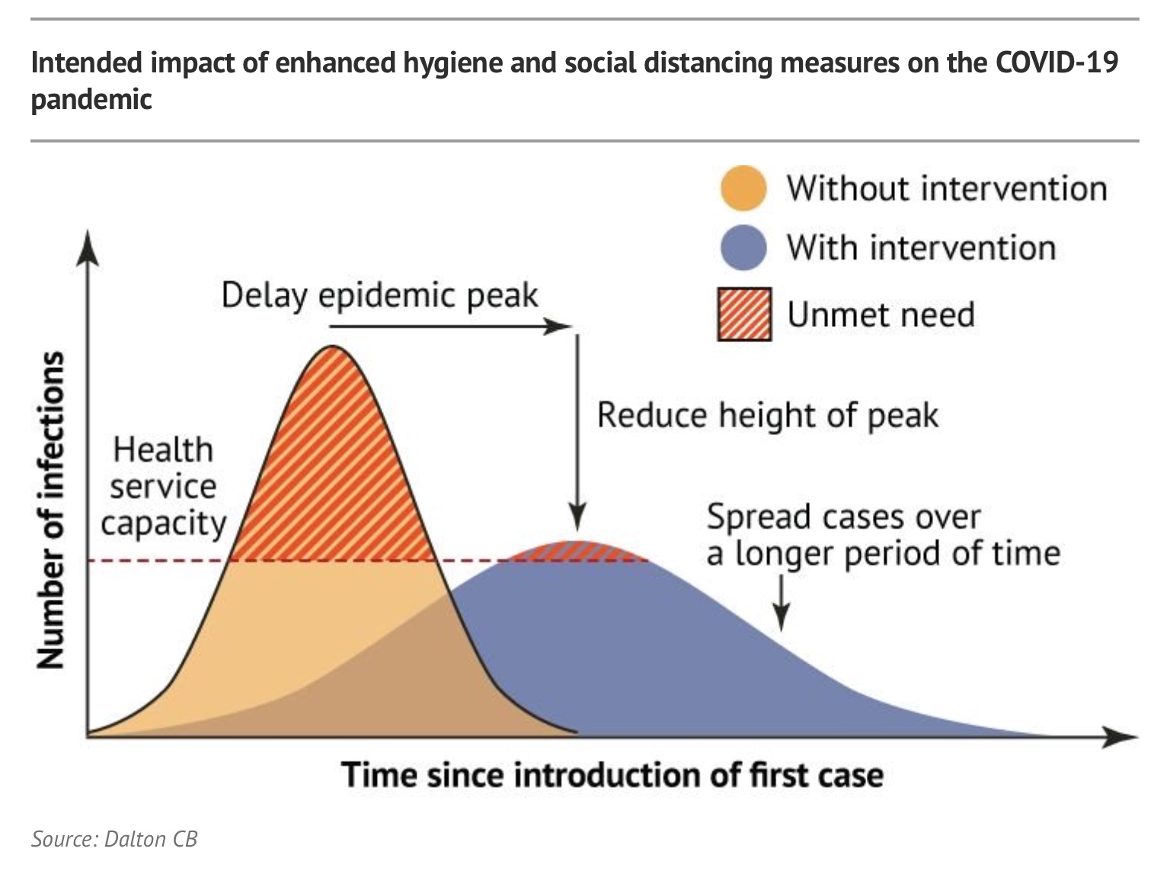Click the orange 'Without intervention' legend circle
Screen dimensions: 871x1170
[743, 188]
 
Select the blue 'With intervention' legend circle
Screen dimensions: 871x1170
[743, 248]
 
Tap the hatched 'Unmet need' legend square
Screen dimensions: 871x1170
[744, 314]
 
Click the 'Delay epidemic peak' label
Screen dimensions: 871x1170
[379, 296]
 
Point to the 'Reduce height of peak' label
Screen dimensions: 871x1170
[767, 416]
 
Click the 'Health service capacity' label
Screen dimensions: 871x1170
[163, 486]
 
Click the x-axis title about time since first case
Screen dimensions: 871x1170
[612, 775]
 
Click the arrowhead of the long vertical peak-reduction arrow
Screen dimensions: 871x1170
[577, 518]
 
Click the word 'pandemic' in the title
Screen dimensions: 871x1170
[91, 99]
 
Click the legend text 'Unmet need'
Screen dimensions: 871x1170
[881, 315]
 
